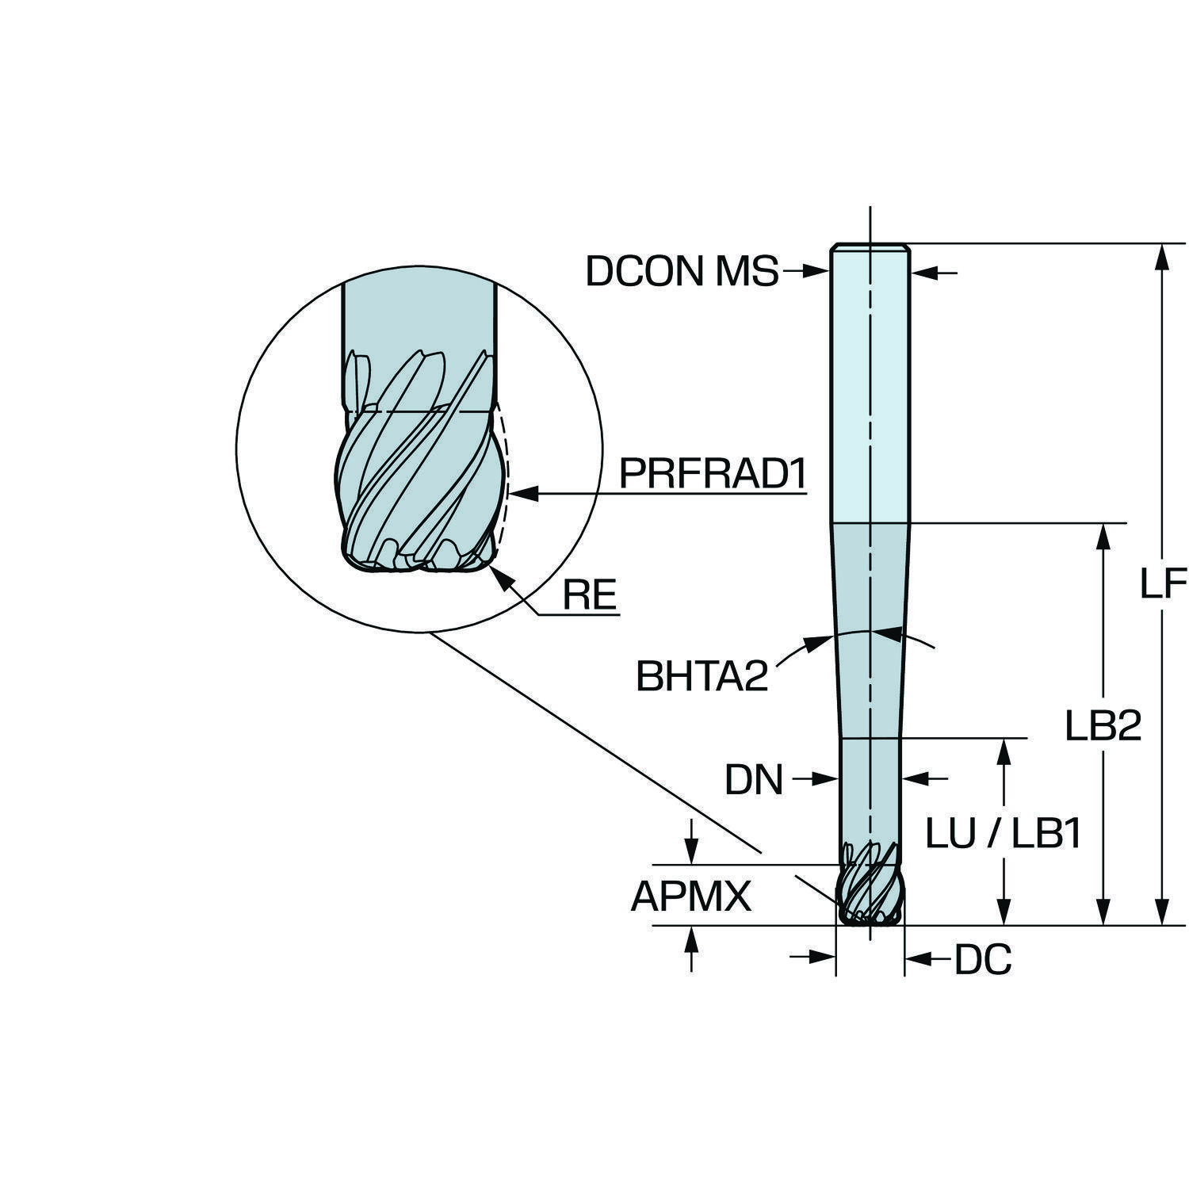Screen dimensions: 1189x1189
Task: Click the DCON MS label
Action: click(x=682, y=272)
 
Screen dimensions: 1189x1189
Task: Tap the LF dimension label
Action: click(x=1163, y=584)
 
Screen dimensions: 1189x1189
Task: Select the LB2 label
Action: click(x=1103, y=724)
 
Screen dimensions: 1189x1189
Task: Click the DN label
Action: click(x=753, y=780)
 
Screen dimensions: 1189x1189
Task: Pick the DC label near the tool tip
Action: click(x=982, y=961)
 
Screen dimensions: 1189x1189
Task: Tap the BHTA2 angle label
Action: click(x=702, y=677)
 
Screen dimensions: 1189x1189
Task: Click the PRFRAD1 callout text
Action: click(x=712, y=474)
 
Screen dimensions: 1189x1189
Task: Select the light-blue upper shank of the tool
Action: click(x=870, y=380)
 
